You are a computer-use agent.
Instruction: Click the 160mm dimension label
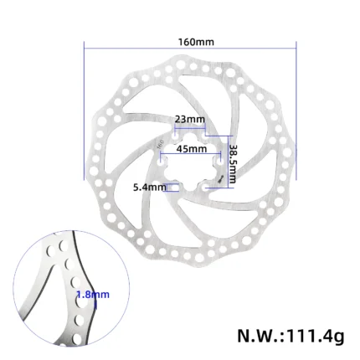pyautogui.click(x=196, y=42)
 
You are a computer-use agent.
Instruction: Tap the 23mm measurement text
pyautogui.click(x=190, y=119)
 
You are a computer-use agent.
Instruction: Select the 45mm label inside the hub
pyautogui.click(x=192, y=149)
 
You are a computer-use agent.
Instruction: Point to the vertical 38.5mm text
pyautogui.click(x=232, y=164)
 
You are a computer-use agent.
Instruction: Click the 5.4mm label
pyautogui.click(x=149, y=188)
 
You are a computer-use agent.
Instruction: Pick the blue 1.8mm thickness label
pyautogui.click(x=93, y=295)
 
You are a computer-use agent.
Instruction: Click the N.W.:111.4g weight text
pyautogui.click(x=291, y=336)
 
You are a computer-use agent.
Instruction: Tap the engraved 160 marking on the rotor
pyautogui.click(x=160, y=144)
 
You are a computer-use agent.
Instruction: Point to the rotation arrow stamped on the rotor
pyautogui.click(x=221, y=179)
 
